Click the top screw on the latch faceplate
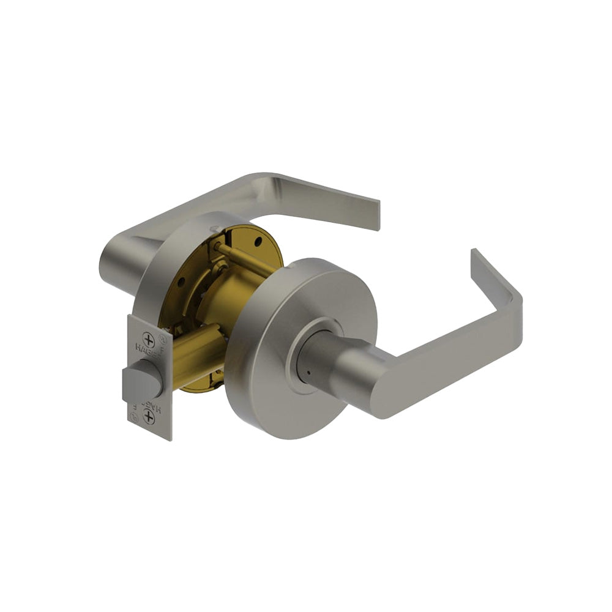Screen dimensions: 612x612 click(x=148, y=341)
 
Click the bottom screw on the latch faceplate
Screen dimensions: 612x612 click(x=148, y=417)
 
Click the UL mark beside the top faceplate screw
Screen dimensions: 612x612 click(x=162, y=336)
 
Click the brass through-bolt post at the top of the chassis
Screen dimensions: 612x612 click(x=245, y=257)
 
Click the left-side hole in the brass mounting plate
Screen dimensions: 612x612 click(x=181, y=282)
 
